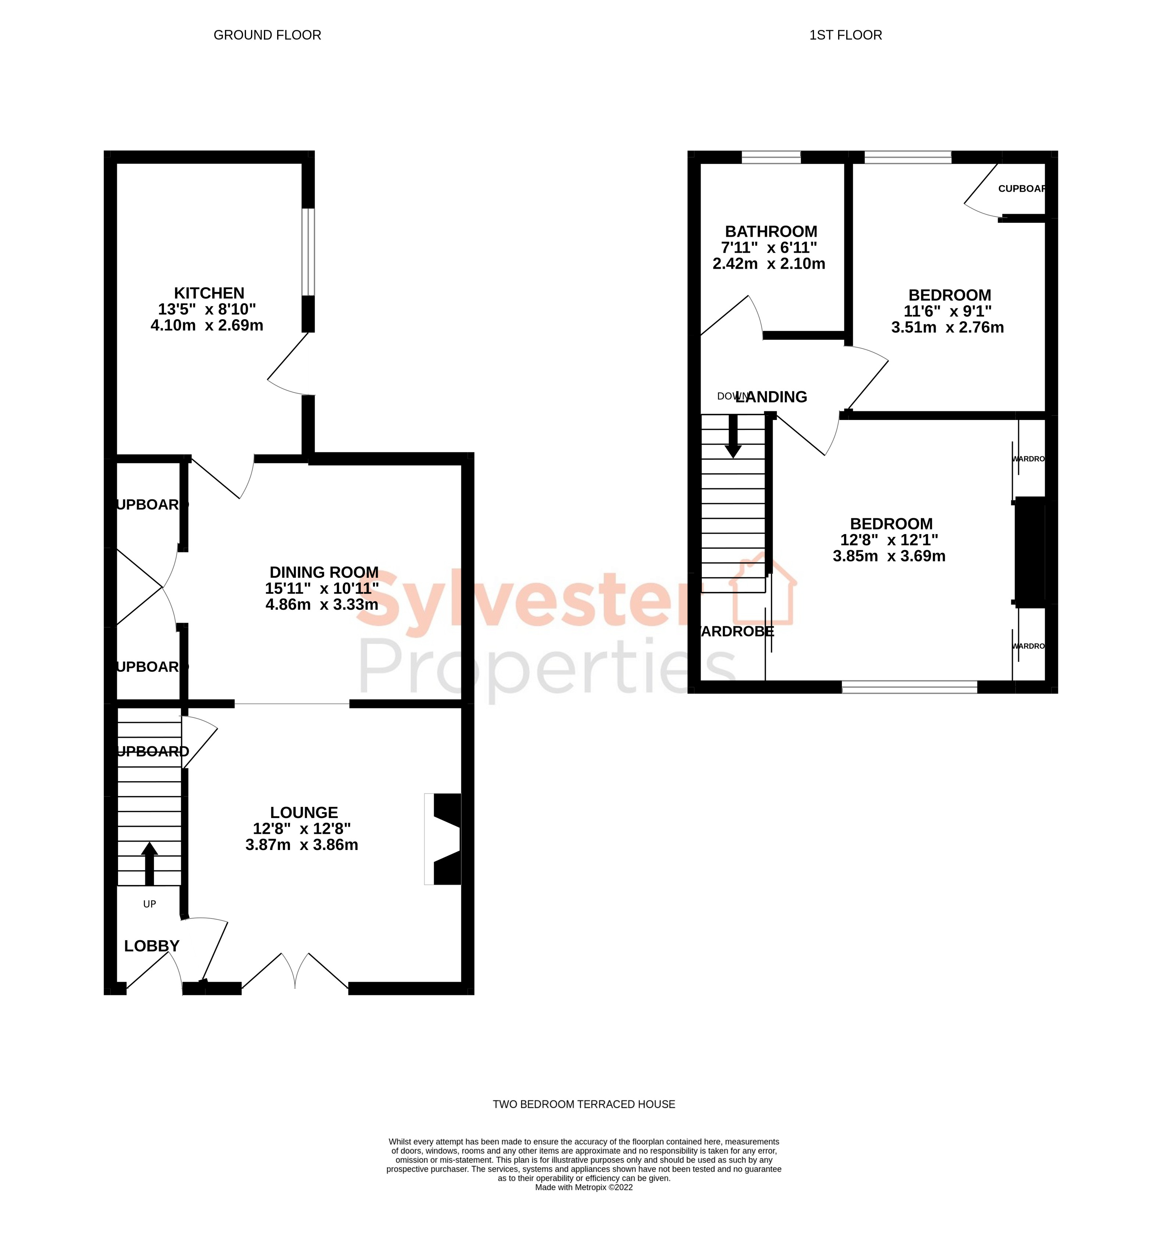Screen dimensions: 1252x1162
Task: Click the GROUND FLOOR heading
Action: [267, 35]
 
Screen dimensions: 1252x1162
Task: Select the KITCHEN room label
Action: [209, 293]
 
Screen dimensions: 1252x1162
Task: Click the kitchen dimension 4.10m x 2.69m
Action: [207, 325]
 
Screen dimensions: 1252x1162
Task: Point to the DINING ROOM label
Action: [324, 572]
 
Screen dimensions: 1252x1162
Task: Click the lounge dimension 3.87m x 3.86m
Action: [302, 844]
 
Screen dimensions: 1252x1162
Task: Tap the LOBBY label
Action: [151, 946]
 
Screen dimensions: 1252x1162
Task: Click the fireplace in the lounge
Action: [445, 839]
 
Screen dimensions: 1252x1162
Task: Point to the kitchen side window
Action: [307, 252]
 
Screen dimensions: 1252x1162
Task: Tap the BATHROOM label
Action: [771, 231]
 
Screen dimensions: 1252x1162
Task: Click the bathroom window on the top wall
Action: [771, 157]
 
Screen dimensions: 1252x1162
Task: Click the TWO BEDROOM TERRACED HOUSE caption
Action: [583, 1104]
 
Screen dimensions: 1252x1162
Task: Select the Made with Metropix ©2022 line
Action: [583, 1187]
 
